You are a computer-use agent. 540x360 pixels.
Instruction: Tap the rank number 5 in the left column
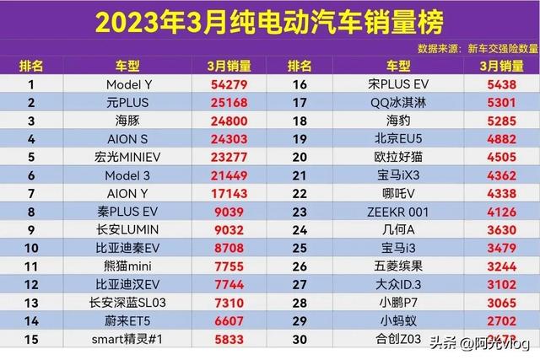coord(31,156)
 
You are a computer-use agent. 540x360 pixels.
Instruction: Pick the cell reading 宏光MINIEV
coord(127,156)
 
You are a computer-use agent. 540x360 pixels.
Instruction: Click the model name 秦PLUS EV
coord(127,210)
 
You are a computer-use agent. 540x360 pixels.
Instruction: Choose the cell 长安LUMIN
coord(127,228)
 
